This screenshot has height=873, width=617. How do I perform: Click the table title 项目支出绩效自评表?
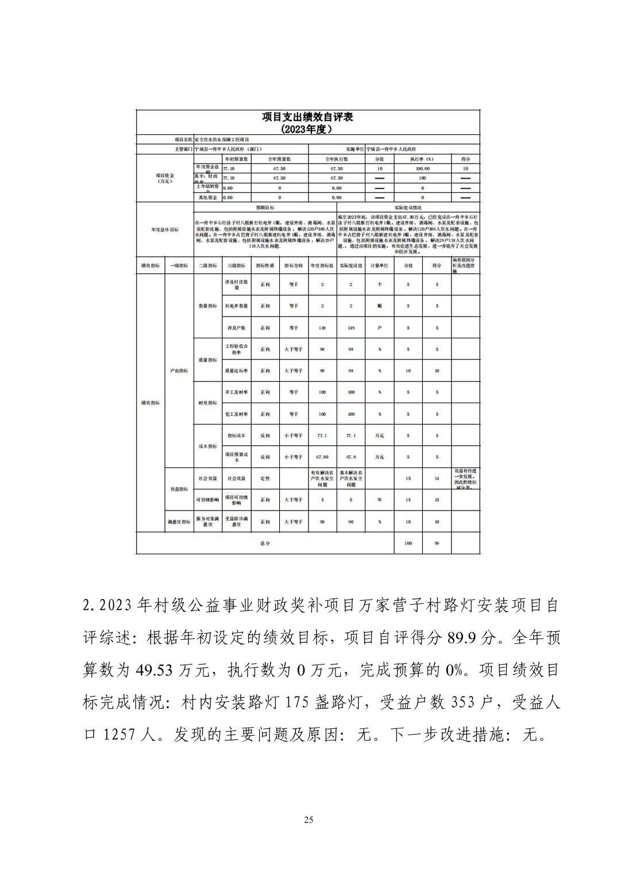(307, 117)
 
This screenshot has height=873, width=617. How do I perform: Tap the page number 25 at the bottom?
(308, 820)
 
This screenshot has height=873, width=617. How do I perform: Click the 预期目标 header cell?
(265, 207)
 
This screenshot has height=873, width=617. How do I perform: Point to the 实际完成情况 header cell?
(408, 207)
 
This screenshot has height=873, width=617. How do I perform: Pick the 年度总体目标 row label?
(164, 230)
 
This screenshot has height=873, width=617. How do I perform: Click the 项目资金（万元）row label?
(164, 178)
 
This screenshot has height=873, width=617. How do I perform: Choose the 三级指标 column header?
(236, 265)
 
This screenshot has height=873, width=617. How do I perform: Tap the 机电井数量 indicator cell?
(236, 306)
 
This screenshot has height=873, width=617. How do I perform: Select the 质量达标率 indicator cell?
(236, 371)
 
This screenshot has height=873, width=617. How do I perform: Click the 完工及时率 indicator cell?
(236, 414)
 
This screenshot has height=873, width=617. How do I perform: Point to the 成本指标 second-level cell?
(207, 446)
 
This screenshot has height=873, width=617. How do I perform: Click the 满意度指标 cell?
(179, 522)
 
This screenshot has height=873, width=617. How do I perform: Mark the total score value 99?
(437, 543)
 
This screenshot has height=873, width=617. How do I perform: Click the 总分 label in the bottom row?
(264, 543)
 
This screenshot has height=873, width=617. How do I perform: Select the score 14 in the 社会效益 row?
(437, 478)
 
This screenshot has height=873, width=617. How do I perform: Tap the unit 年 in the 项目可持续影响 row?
(379, 500)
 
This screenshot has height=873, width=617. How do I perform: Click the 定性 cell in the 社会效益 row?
(265, 478)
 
